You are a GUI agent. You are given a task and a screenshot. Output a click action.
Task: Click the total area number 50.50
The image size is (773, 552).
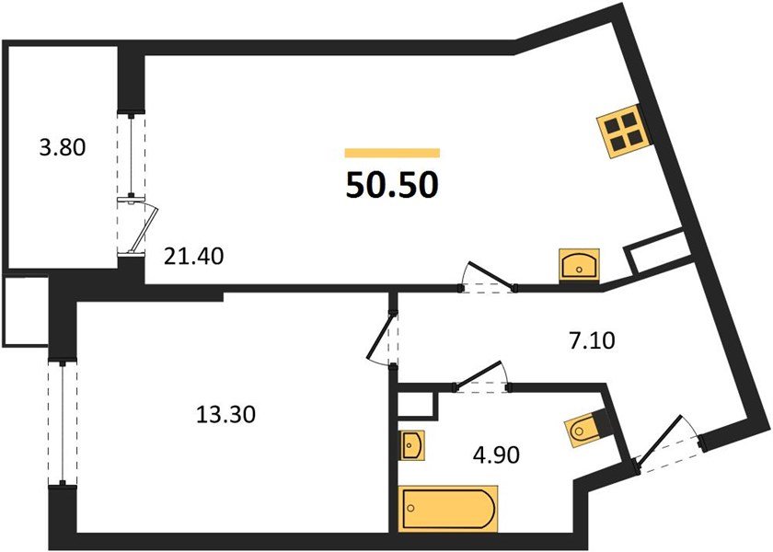point(392,185)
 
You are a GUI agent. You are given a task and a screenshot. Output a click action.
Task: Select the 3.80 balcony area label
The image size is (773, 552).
point(62,146)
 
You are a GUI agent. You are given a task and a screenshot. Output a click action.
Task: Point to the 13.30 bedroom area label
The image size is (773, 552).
point(225,415)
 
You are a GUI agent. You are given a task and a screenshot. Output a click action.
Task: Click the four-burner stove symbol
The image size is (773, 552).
point(624,132)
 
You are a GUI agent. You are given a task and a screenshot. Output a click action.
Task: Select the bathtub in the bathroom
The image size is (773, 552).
point(449,507)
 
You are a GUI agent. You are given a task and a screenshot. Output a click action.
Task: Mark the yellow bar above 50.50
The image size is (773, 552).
point(392,154)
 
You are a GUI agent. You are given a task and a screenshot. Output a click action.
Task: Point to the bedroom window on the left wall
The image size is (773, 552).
point(61,422)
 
